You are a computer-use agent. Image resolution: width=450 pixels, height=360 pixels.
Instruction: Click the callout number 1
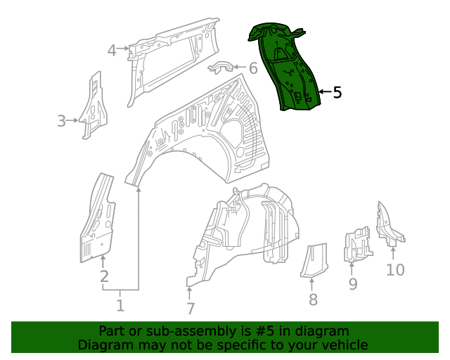click(120, 305)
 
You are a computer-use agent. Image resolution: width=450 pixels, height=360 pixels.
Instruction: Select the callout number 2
click(104, 276)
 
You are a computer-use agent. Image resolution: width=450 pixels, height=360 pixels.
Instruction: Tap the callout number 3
click(62, 121)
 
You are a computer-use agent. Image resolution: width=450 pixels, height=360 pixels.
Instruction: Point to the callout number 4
click(112, 50)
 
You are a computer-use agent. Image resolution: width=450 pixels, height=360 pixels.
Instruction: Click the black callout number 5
click(337, 92)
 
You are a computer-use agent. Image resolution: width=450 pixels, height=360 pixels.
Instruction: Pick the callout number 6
click(253, 68)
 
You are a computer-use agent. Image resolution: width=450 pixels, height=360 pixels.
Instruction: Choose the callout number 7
click(190, 308)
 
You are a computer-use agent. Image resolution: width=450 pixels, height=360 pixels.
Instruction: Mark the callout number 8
click(313, 300)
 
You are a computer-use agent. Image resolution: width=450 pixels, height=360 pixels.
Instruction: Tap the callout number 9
click(353, 283)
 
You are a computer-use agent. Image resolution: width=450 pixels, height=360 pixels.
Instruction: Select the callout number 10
click(395, 269)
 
